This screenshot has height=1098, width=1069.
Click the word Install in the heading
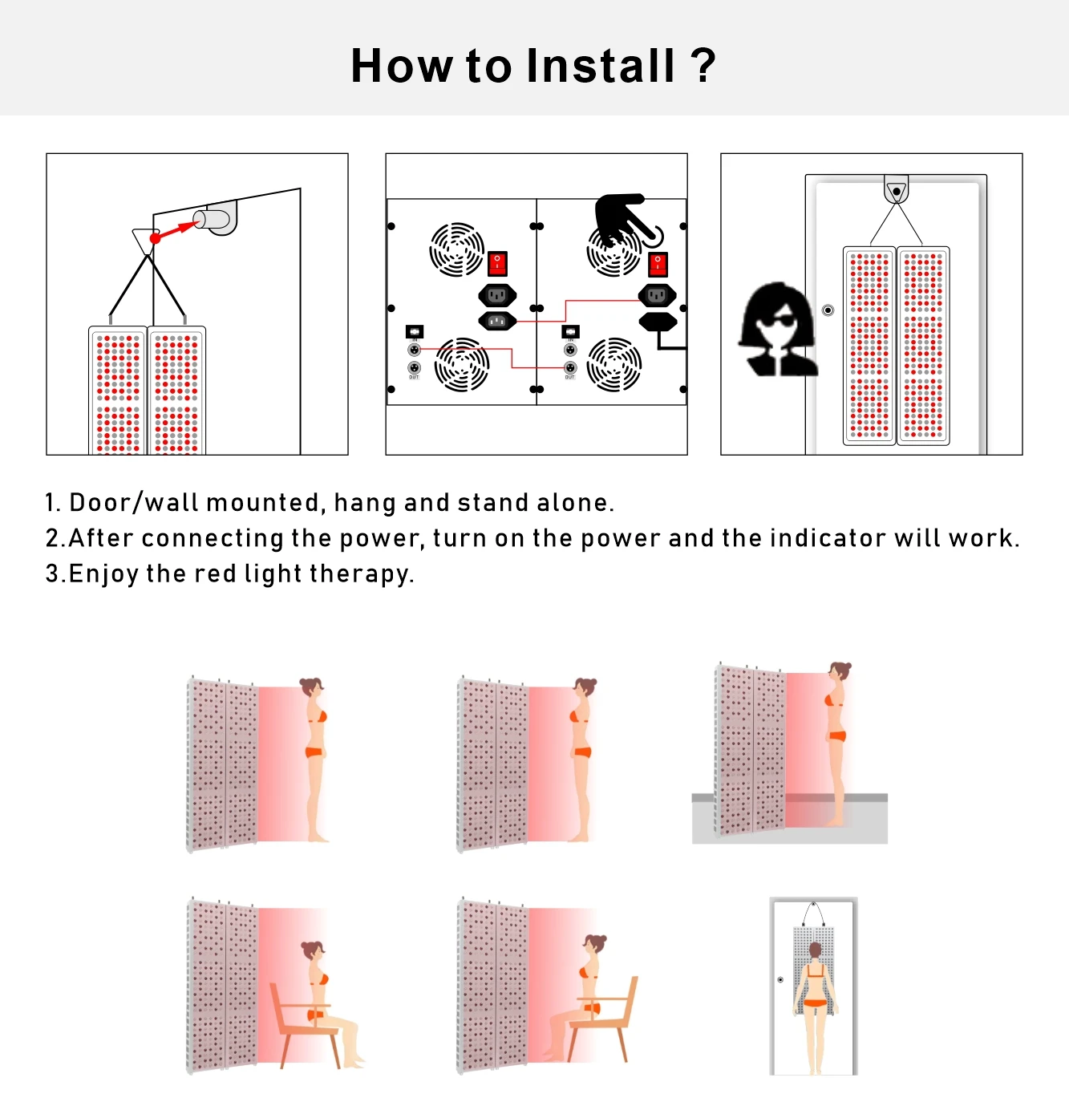click(x=600, y=66)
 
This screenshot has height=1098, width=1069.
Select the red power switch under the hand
click(x=658, y=265)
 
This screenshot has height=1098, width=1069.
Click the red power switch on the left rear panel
click(x=497, y=264)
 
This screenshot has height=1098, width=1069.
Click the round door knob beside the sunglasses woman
click(x=828, y=310)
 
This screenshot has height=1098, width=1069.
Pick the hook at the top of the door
click(x=896, y=190)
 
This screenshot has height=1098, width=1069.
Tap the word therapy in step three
click(x=362, y=573)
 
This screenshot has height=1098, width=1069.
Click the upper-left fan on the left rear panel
click(x=457, y=250)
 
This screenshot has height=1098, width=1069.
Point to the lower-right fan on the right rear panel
click(x=614, y=364)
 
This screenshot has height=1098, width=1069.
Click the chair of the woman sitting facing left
click(x=603, y=1019)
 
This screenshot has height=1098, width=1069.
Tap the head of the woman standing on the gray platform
click(x=839, y=672)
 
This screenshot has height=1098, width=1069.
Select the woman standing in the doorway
click(x=815, y=1007)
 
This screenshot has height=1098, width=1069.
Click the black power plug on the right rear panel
click(x=658, y=322)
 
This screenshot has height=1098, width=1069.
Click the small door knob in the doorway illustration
click(x=780, y=979)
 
